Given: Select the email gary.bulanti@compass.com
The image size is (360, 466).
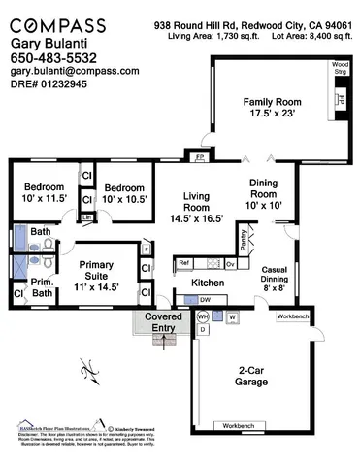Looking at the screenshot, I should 74,71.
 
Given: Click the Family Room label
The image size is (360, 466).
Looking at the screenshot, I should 273,106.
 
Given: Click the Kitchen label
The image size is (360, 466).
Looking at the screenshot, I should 208,282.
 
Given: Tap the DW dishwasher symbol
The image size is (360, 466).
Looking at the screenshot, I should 206,300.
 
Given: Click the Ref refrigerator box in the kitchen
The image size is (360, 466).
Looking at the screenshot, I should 183,262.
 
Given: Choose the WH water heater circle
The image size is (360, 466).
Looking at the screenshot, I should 203,316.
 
